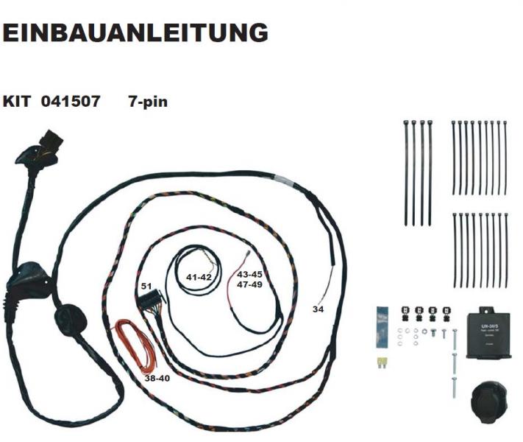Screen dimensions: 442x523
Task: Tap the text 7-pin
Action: click(147, 102)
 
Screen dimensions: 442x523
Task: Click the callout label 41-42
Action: click(199, 278)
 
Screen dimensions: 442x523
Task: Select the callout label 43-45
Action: click(249, 274)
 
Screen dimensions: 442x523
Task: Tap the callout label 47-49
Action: click(249, 284)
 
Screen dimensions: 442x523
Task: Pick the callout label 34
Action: click(318, 309)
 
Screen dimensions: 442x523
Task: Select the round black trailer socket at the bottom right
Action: click(485, 399)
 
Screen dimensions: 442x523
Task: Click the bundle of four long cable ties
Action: click(418, 171)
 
